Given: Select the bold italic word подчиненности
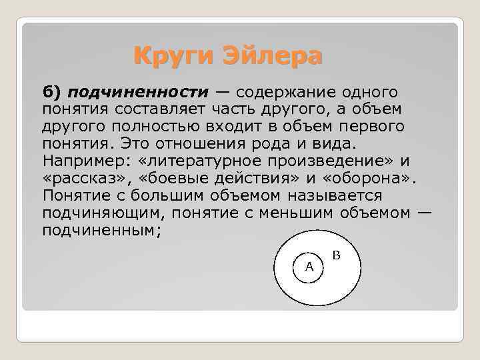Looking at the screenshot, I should coord(138,91).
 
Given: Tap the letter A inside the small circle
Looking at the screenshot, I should coord(309,266).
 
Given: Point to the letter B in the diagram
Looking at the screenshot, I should coord(337,255).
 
